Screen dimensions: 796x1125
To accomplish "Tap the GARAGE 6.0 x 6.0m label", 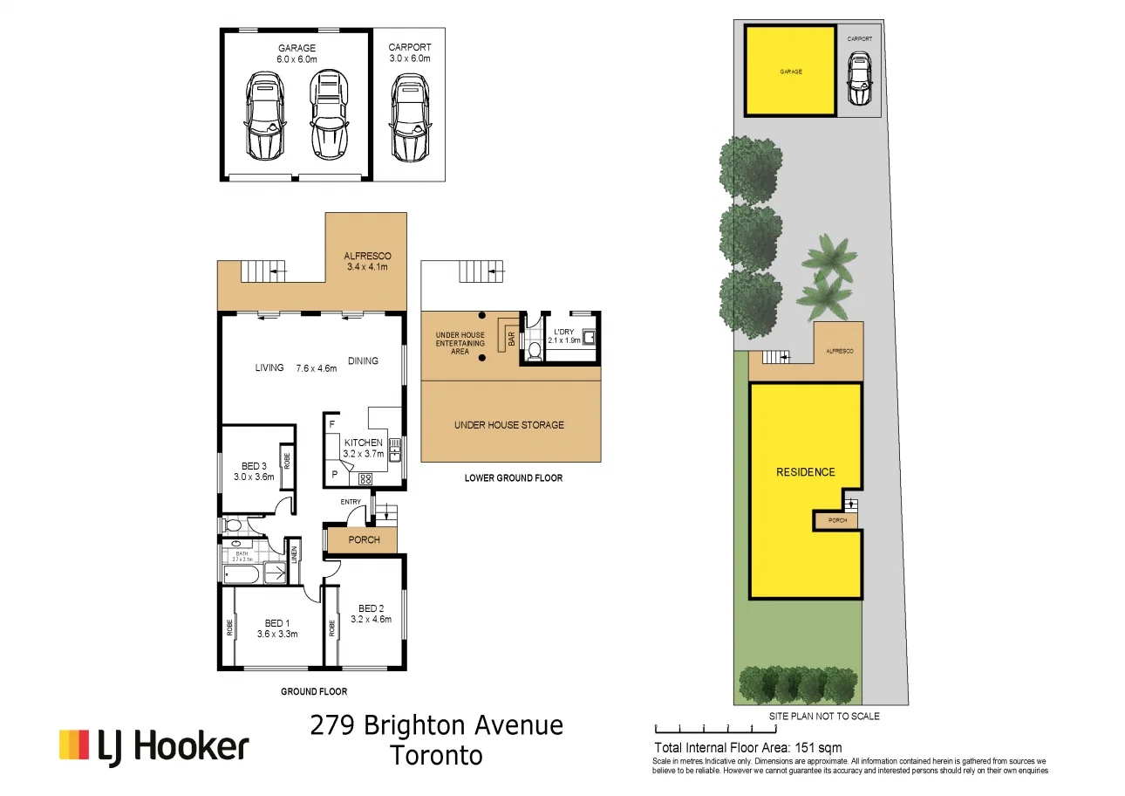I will (x=297, y=53).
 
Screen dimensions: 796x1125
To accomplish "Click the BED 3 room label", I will (x=254, y=471).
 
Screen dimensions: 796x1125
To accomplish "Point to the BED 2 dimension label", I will (x=371, y=619).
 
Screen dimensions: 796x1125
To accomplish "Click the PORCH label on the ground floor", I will (x=364, y=539).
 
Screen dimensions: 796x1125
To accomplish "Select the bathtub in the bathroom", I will (x=242, y=573).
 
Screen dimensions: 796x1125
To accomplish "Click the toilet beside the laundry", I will (x=534, y=350).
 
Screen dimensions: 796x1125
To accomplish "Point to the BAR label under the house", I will (x=511, y=335).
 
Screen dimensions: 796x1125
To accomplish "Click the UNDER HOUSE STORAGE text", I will (x=508, y=425).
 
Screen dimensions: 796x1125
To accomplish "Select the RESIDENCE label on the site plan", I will (x=805, y=472).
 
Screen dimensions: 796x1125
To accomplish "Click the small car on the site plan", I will (x=860, y=79).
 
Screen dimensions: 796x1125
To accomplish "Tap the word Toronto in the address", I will (x=436, y=755).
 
